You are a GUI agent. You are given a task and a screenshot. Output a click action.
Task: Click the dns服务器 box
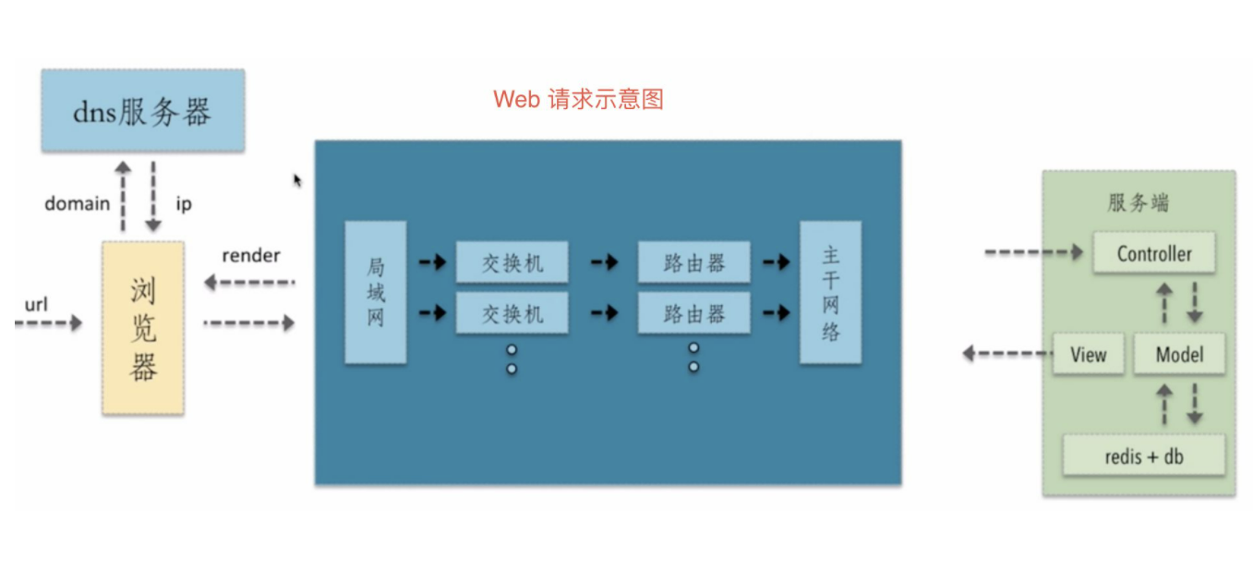(143, 110)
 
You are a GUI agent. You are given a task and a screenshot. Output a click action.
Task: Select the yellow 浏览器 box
(142, 328)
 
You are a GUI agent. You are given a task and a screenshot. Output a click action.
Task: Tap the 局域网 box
(375, 292)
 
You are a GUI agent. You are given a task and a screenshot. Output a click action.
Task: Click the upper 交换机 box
(512, 263)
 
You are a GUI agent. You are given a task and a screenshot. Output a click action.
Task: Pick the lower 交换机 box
(512, 313)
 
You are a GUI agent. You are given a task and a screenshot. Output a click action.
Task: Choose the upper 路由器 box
(693, 263)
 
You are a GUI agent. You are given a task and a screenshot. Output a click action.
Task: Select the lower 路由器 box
(693, 313)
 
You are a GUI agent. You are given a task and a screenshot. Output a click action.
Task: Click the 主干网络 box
(830, 292)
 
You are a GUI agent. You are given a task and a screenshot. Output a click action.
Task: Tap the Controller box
(1153, 253)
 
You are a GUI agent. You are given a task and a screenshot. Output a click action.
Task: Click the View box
(1088, 354)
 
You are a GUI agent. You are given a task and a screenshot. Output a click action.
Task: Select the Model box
(1179, 354)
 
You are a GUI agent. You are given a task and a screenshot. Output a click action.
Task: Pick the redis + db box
(1144, 456)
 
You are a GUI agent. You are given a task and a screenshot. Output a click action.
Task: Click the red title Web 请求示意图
(578, 99)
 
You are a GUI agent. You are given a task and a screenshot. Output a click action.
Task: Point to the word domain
(77, 203)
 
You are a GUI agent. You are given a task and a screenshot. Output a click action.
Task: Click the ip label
(184, 203)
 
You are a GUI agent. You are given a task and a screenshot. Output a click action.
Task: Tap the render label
(250, 255)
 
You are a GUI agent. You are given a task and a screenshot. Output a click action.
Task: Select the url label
(36, 303)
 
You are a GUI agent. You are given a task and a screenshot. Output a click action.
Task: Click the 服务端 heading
(1138, 202)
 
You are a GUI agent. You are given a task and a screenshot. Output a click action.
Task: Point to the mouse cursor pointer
(297, 179)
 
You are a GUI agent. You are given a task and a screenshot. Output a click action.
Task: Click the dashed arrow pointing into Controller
(1033, 252)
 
